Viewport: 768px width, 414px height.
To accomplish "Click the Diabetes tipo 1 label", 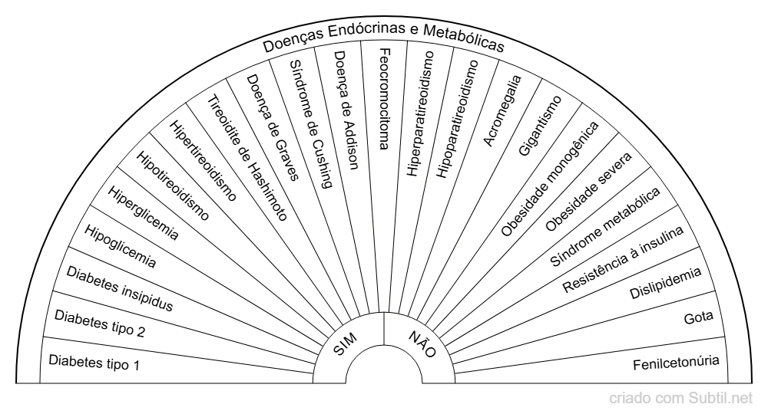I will tap(94, 361).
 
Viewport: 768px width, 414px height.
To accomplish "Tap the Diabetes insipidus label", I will tap(119, 288).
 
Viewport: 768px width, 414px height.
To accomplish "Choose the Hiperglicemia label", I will tap(143, 212).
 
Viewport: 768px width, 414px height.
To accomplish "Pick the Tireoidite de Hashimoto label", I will tap(248, 157).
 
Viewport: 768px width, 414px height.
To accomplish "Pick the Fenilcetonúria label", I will tap(677, 361).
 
